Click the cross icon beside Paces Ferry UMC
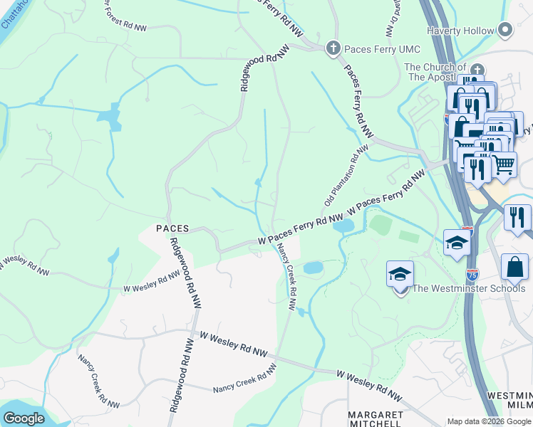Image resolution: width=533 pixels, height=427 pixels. click(332, 48)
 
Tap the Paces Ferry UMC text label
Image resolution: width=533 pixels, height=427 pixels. click(382, 49)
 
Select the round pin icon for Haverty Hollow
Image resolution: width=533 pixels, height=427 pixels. click(506, 30)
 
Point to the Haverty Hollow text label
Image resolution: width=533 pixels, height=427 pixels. click(460, 31)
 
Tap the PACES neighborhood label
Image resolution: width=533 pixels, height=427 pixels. click(172, 228)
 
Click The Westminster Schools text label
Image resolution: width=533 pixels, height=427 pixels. click(469, 288)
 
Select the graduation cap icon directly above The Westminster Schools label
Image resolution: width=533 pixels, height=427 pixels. click(400, 273)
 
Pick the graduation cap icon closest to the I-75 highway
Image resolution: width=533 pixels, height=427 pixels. click(456, 242)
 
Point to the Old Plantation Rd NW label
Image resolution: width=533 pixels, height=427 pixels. click(346, 175)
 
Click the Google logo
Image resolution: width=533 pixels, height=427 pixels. click(24, 418)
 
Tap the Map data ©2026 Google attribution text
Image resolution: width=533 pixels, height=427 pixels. click(489, 422)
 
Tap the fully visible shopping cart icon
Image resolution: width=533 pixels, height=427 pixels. click(504, 164)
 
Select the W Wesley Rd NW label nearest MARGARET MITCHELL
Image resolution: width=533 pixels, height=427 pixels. click(370, 385)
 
